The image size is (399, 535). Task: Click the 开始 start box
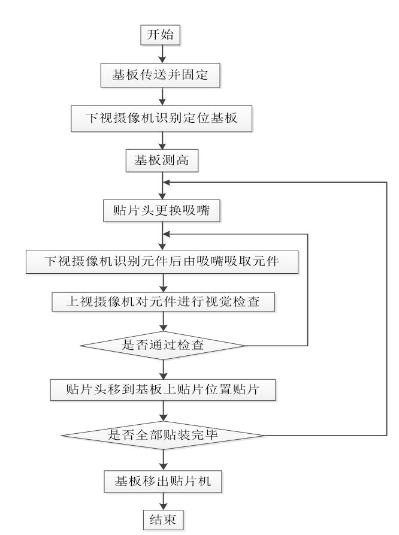(160, 35)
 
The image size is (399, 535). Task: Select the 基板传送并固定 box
(160, 75)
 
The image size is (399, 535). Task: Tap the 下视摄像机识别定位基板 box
(161, 119)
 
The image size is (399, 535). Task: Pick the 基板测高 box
(162, 161)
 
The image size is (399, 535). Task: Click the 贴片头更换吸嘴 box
(161, 210)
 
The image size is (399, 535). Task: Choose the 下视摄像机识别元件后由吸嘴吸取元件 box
(162, 262)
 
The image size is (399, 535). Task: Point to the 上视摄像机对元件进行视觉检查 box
(163, 302)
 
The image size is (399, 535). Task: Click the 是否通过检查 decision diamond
(163, 345)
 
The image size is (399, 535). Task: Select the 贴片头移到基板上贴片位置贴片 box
(163, 389)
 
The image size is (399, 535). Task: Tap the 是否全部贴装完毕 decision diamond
(163, 435)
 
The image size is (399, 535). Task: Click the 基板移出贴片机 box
(163, 482)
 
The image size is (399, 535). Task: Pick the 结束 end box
(163, 519)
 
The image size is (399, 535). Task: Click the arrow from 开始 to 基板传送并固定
(162, 54)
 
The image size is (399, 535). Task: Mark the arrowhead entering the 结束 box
(164, 506)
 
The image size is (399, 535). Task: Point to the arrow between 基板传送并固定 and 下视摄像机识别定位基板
(162, 96)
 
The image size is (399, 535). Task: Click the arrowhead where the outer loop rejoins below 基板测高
(167, 182)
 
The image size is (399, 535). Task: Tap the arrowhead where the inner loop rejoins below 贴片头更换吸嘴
(167, 234)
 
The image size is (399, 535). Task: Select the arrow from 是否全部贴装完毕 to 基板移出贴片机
(164, 460)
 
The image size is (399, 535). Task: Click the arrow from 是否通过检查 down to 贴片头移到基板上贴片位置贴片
(164, 369)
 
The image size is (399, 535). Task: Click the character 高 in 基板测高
(183, 160)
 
